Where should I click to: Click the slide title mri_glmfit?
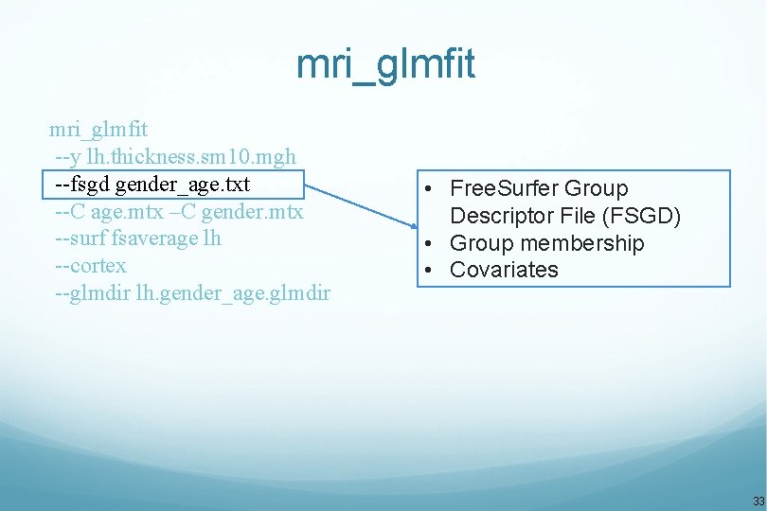(384, 65)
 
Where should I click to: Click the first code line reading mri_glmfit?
(98, 128)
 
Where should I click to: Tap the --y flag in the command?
(67, 156)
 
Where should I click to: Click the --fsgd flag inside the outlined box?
(81, 184)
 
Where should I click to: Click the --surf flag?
(80, 238)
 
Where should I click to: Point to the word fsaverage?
(155, 238)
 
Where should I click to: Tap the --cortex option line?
(91, 266)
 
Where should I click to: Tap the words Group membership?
(546, 243)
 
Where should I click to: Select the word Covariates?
(504, 270)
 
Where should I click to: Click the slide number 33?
(758, 501)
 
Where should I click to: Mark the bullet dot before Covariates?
(430, 270)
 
